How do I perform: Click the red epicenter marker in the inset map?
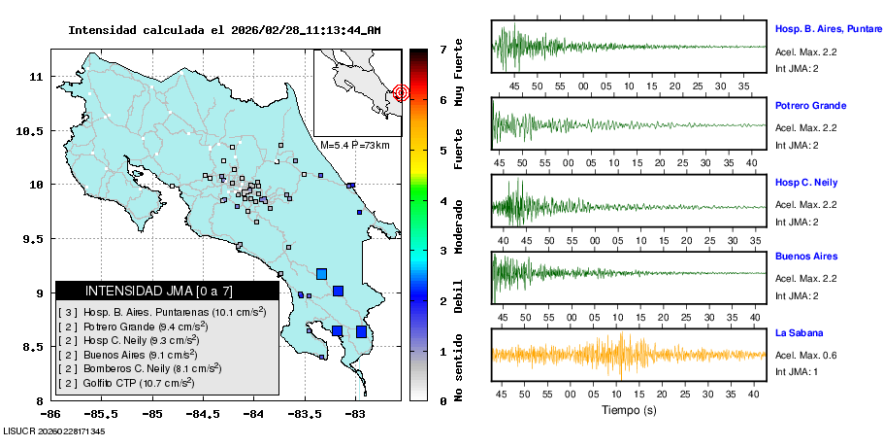(402, 93)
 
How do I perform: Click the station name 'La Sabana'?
(799, 333)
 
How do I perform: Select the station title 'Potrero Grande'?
(810, 105)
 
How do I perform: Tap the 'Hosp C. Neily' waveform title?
(806, 183)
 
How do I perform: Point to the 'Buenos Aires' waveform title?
(804, 257)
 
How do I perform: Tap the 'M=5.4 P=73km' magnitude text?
(354, 145)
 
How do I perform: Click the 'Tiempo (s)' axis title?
(629, 410)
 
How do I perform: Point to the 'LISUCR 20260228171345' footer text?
(54, 430)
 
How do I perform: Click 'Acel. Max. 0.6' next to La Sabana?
(806, 355)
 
